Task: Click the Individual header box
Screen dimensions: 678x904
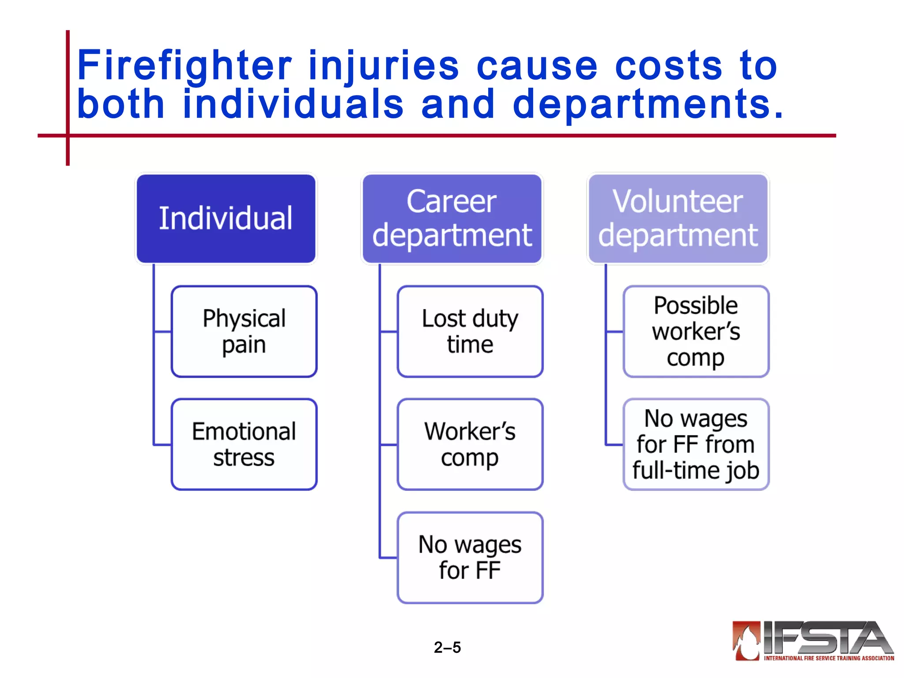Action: pyautogui.click(x=226, y=218)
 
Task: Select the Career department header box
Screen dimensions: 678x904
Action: pyautogui.click(x=452, y=218)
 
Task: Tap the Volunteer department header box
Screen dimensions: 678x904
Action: pyautogui.click(x=678, y=218)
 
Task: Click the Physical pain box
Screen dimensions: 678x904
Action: pyautogui.click(x=244, y=331)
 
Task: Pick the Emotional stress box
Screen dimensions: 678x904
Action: pyautogui.click(x=244, y=444)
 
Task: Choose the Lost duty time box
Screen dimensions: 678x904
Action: pyautogui.click(x=470, y=331)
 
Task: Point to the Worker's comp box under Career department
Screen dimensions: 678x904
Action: pyautogui.click(x=470, y=444)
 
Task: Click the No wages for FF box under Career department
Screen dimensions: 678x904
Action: pyautogui.click(x=470, y=557)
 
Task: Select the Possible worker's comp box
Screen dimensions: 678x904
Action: pyautogui.click(x=696, y=331)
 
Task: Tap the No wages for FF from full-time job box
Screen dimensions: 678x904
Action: pyautogui.click(x=696, y=444)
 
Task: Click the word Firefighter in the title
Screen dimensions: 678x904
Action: pyautogui.click(x=185, y=66)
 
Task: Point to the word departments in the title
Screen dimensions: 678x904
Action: pyautogui.click(x=648, y=105)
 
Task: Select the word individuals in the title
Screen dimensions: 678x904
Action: pyautogui.click(x=293, y=105)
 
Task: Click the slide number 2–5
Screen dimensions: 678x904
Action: pyautogui.click(x=447, y=648)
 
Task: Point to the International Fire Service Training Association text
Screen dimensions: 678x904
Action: pyautogui.click(x=829, y=658)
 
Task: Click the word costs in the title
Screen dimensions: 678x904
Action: pyautogui.click(x=669, y=66)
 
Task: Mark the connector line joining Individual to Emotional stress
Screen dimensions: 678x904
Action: pyautogui.click(x=154, y=397)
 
